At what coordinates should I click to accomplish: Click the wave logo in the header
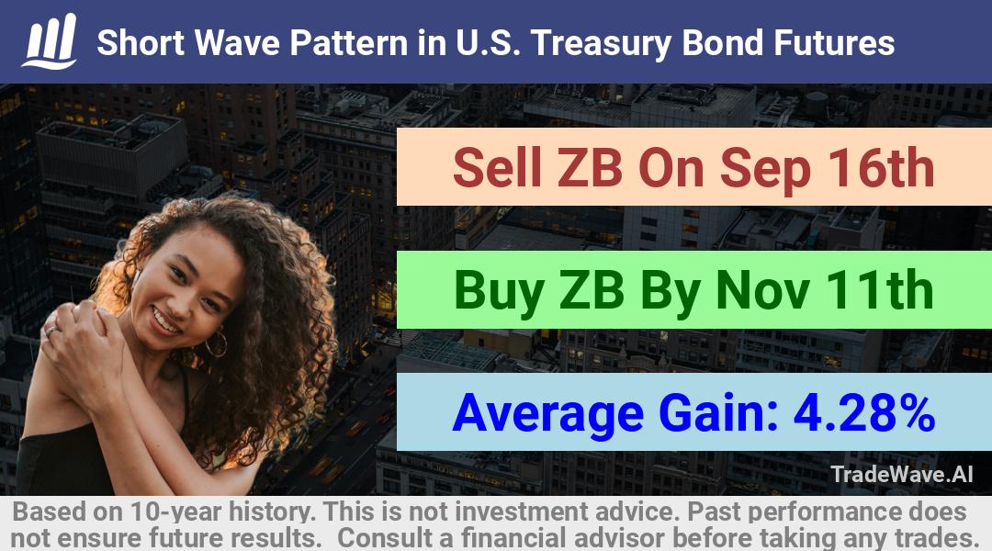click(x=50, y=41)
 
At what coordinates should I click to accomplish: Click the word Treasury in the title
click(x=602, y=44)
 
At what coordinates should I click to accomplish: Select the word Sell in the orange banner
click(x=498, y=168)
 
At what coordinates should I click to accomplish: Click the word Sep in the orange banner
click(x=765, y=170)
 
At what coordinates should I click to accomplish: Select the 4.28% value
click(x=864, y=412)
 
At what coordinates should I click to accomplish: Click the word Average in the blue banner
click(x=547, y=414)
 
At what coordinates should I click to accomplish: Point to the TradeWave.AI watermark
click(x=902, y=474)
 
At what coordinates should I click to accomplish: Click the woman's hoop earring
click(x=217, y=343)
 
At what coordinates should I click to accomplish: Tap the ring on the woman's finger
click(x=51, y=331)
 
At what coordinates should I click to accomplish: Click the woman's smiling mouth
click(x=165, y=320)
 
